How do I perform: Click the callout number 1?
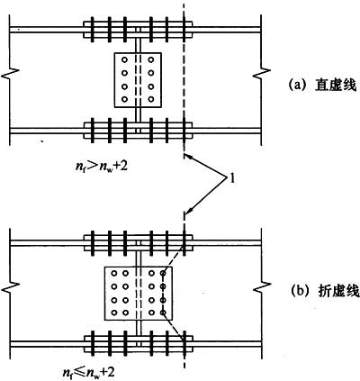click(x=232, y=180)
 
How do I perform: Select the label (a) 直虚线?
click(x=322, y=86)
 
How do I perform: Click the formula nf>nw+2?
click(x=101, y=166)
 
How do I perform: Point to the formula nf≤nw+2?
click(x=88, y=373)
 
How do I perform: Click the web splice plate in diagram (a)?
click(x=138, y=80)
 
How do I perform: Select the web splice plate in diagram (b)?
click(x=139, y=294)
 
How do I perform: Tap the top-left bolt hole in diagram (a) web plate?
click(x=124, y=59)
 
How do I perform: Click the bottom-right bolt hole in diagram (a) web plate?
click(x=151, y=99)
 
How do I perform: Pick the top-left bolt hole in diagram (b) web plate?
click(x=114, y=273)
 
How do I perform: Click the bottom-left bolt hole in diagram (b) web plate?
click(x=114, y=313)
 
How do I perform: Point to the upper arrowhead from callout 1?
click(x=187, y=157)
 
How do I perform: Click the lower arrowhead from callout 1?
click(x=187, y=213)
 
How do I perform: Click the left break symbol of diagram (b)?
click(x=11, y=286)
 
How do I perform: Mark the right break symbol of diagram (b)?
click(x=262, y=286)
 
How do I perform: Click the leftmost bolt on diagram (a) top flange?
click(x=93, y=30)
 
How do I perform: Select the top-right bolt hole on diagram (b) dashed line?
click(x=163, y=273)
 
